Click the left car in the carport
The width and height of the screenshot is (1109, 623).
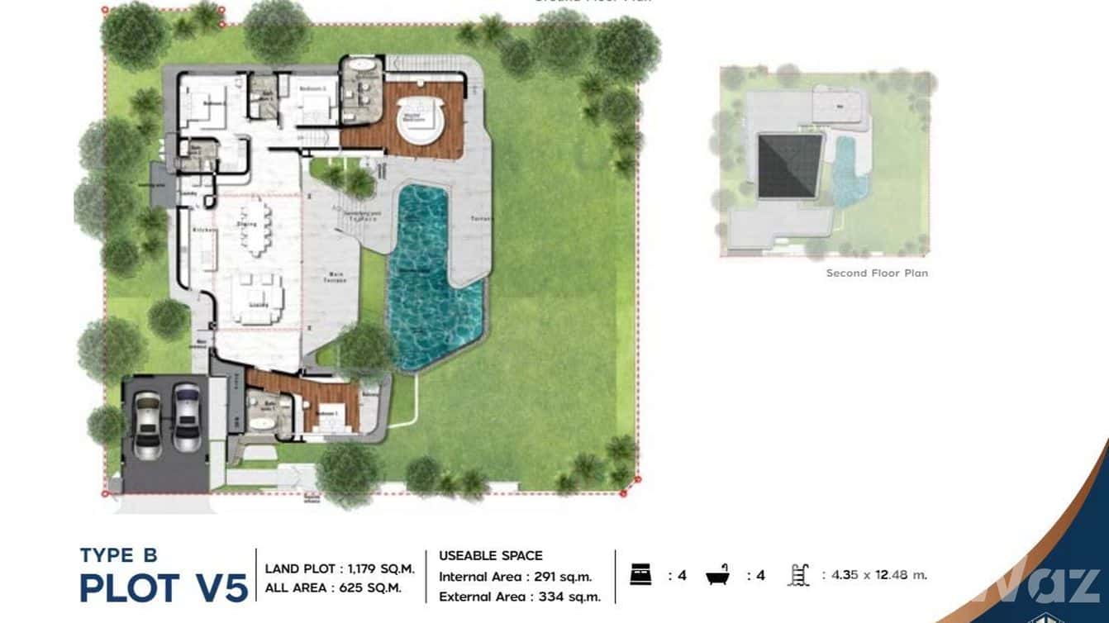147,424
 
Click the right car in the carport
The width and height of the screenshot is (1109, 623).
186,416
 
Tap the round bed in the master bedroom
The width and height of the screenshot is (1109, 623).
420,119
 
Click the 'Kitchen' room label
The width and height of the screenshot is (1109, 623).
203,230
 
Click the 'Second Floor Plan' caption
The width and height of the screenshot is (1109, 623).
877,273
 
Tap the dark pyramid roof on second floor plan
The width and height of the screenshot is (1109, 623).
789,165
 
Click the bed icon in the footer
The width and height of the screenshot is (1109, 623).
641,575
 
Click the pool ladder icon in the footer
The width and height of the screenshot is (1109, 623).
799,575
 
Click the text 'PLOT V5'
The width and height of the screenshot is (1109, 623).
164,588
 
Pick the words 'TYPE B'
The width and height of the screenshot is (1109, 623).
118,554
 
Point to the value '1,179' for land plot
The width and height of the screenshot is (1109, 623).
360,568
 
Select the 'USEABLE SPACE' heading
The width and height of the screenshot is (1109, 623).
490,555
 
